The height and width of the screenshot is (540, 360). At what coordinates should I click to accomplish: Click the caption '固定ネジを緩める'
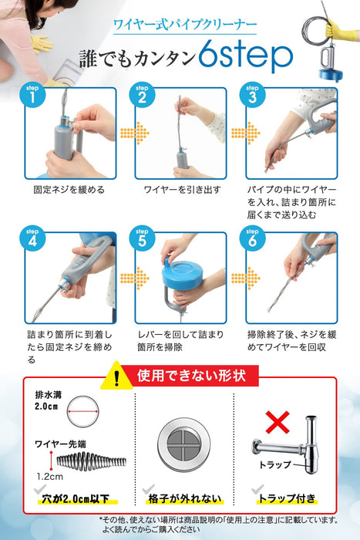[69, 189]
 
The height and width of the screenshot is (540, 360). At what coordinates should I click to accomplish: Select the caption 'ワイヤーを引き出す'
[180, 189]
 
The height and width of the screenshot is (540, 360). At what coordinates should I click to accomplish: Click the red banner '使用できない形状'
[191, 377]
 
